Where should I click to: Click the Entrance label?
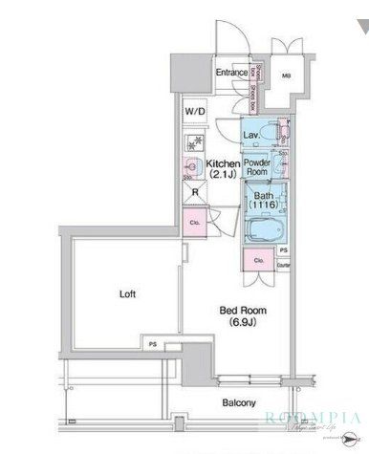pos(230,73)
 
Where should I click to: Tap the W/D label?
pos(195,112)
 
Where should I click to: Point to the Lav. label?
pos(252,136)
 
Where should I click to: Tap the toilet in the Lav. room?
pos(278,134)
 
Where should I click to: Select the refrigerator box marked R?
pos(195,190)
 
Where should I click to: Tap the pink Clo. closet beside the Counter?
pos(259,260)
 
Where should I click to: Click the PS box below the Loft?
pos(152,340)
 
